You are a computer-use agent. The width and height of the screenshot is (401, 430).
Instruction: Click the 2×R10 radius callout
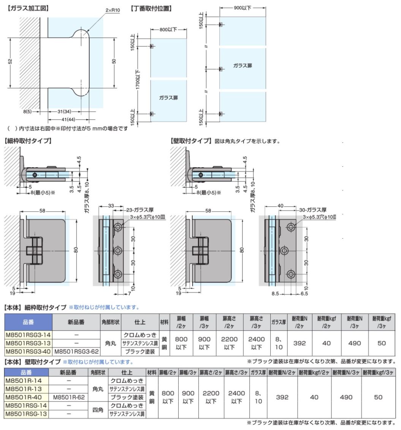pyautogui.click(x=113, y=10)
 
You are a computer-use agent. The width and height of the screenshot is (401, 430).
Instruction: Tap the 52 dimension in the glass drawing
pyautogui.click(x=10, y=61)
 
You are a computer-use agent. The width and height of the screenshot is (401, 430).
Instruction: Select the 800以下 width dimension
pyautogui.click(x=168, y=29)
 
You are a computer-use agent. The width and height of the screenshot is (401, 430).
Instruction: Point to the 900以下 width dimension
pyautogui.click(x=243, y=8)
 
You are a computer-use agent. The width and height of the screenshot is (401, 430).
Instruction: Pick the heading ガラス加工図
pyautogui.click(x=28, y=8)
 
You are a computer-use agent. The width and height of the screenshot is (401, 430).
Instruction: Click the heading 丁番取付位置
pyautogui.click(x=151, y=8)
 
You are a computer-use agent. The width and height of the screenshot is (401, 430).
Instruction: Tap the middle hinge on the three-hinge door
pyautogui.click(x=221, y=69)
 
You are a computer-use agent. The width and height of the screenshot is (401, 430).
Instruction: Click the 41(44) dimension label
pyautogui.click(x=68, y=119)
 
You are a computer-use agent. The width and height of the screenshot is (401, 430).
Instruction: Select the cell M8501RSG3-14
pyautogui.click(x=28, y=335)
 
